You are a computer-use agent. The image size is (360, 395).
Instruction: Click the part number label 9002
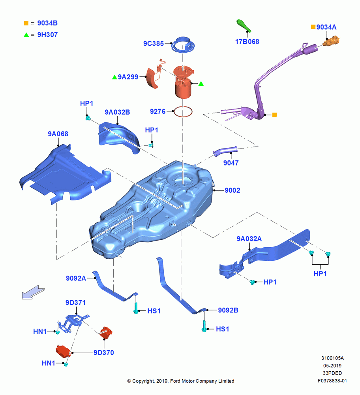232,190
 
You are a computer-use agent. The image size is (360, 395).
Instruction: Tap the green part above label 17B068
244,26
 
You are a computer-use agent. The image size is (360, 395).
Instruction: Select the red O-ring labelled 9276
183,112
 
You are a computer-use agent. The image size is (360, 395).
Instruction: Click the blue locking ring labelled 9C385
183,45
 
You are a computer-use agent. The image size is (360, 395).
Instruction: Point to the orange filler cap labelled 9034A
331,41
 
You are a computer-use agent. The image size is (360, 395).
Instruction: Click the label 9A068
58,134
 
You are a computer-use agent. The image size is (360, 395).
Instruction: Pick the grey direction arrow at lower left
33,292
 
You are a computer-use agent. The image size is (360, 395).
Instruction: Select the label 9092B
228,310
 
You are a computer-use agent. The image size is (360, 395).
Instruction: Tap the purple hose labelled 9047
225,151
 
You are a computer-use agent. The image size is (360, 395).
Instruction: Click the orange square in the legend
26,23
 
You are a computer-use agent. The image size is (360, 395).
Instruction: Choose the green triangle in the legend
26,35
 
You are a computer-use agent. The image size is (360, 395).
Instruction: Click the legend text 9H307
47,35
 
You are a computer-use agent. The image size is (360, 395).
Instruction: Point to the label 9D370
104,353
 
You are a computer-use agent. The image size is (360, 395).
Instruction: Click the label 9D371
75,303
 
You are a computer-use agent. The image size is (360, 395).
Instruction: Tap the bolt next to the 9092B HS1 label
204,326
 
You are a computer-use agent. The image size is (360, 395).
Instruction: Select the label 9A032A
249,239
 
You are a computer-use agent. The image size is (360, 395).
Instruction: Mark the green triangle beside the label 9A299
114,77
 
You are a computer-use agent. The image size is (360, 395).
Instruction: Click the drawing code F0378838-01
332,381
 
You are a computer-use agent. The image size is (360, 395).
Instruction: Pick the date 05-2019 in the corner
332,366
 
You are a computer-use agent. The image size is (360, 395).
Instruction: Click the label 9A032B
117,112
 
